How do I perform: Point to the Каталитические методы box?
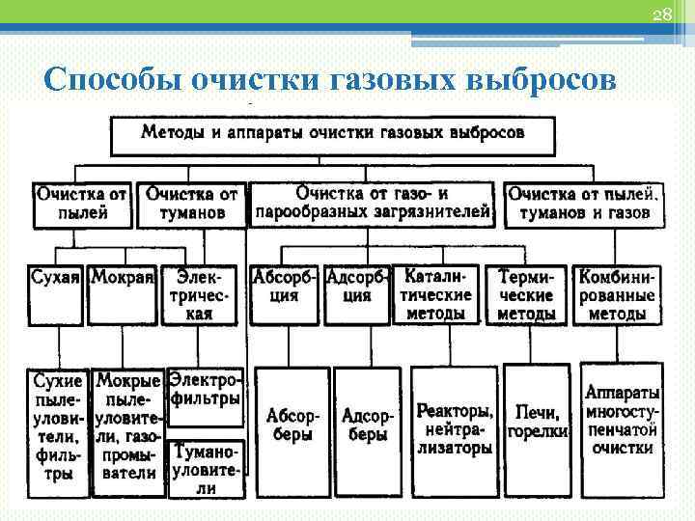click(436, 293)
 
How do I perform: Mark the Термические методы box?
click(527, 293)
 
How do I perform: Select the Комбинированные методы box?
click(617, 293)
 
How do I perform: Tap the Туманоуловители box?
click(205, 469)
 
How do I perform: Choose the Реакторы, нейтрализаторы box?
click(454, 428)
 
